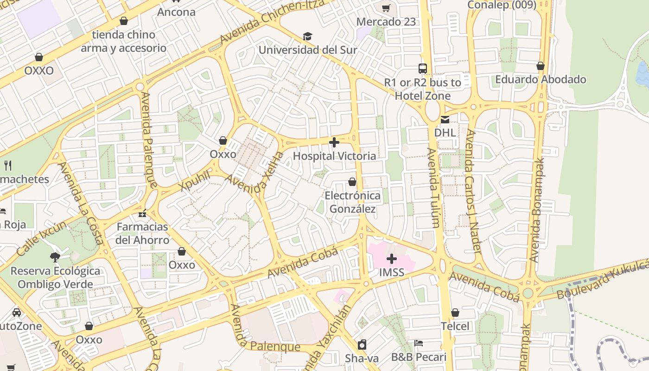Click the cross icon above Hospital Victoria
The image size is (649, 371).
334,142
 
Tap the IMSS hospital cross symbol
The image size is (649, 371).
392,259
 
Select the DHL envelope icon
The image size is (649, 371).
445,120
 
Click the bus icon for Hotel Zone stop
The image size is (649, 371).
422,69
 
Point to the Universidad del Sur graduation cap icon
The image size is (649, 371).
307,37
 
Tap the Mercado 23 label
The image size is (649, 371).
386,22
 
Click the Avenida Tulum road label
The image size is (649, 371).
433,188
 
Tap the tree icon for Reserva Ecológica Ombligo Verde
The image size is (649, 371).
55,257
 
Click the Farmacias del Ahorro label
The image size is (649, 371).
142,233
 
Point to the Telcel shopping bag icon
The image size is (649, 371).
455,313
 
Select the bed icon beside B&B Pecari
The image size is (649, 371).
419,344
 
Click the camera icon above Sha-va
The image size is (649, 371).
362,345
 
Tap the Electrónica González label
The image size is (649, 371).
352,202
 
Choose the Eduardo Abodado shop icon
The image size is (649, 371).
540,66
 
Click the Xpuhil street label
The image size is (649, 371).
195,181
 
